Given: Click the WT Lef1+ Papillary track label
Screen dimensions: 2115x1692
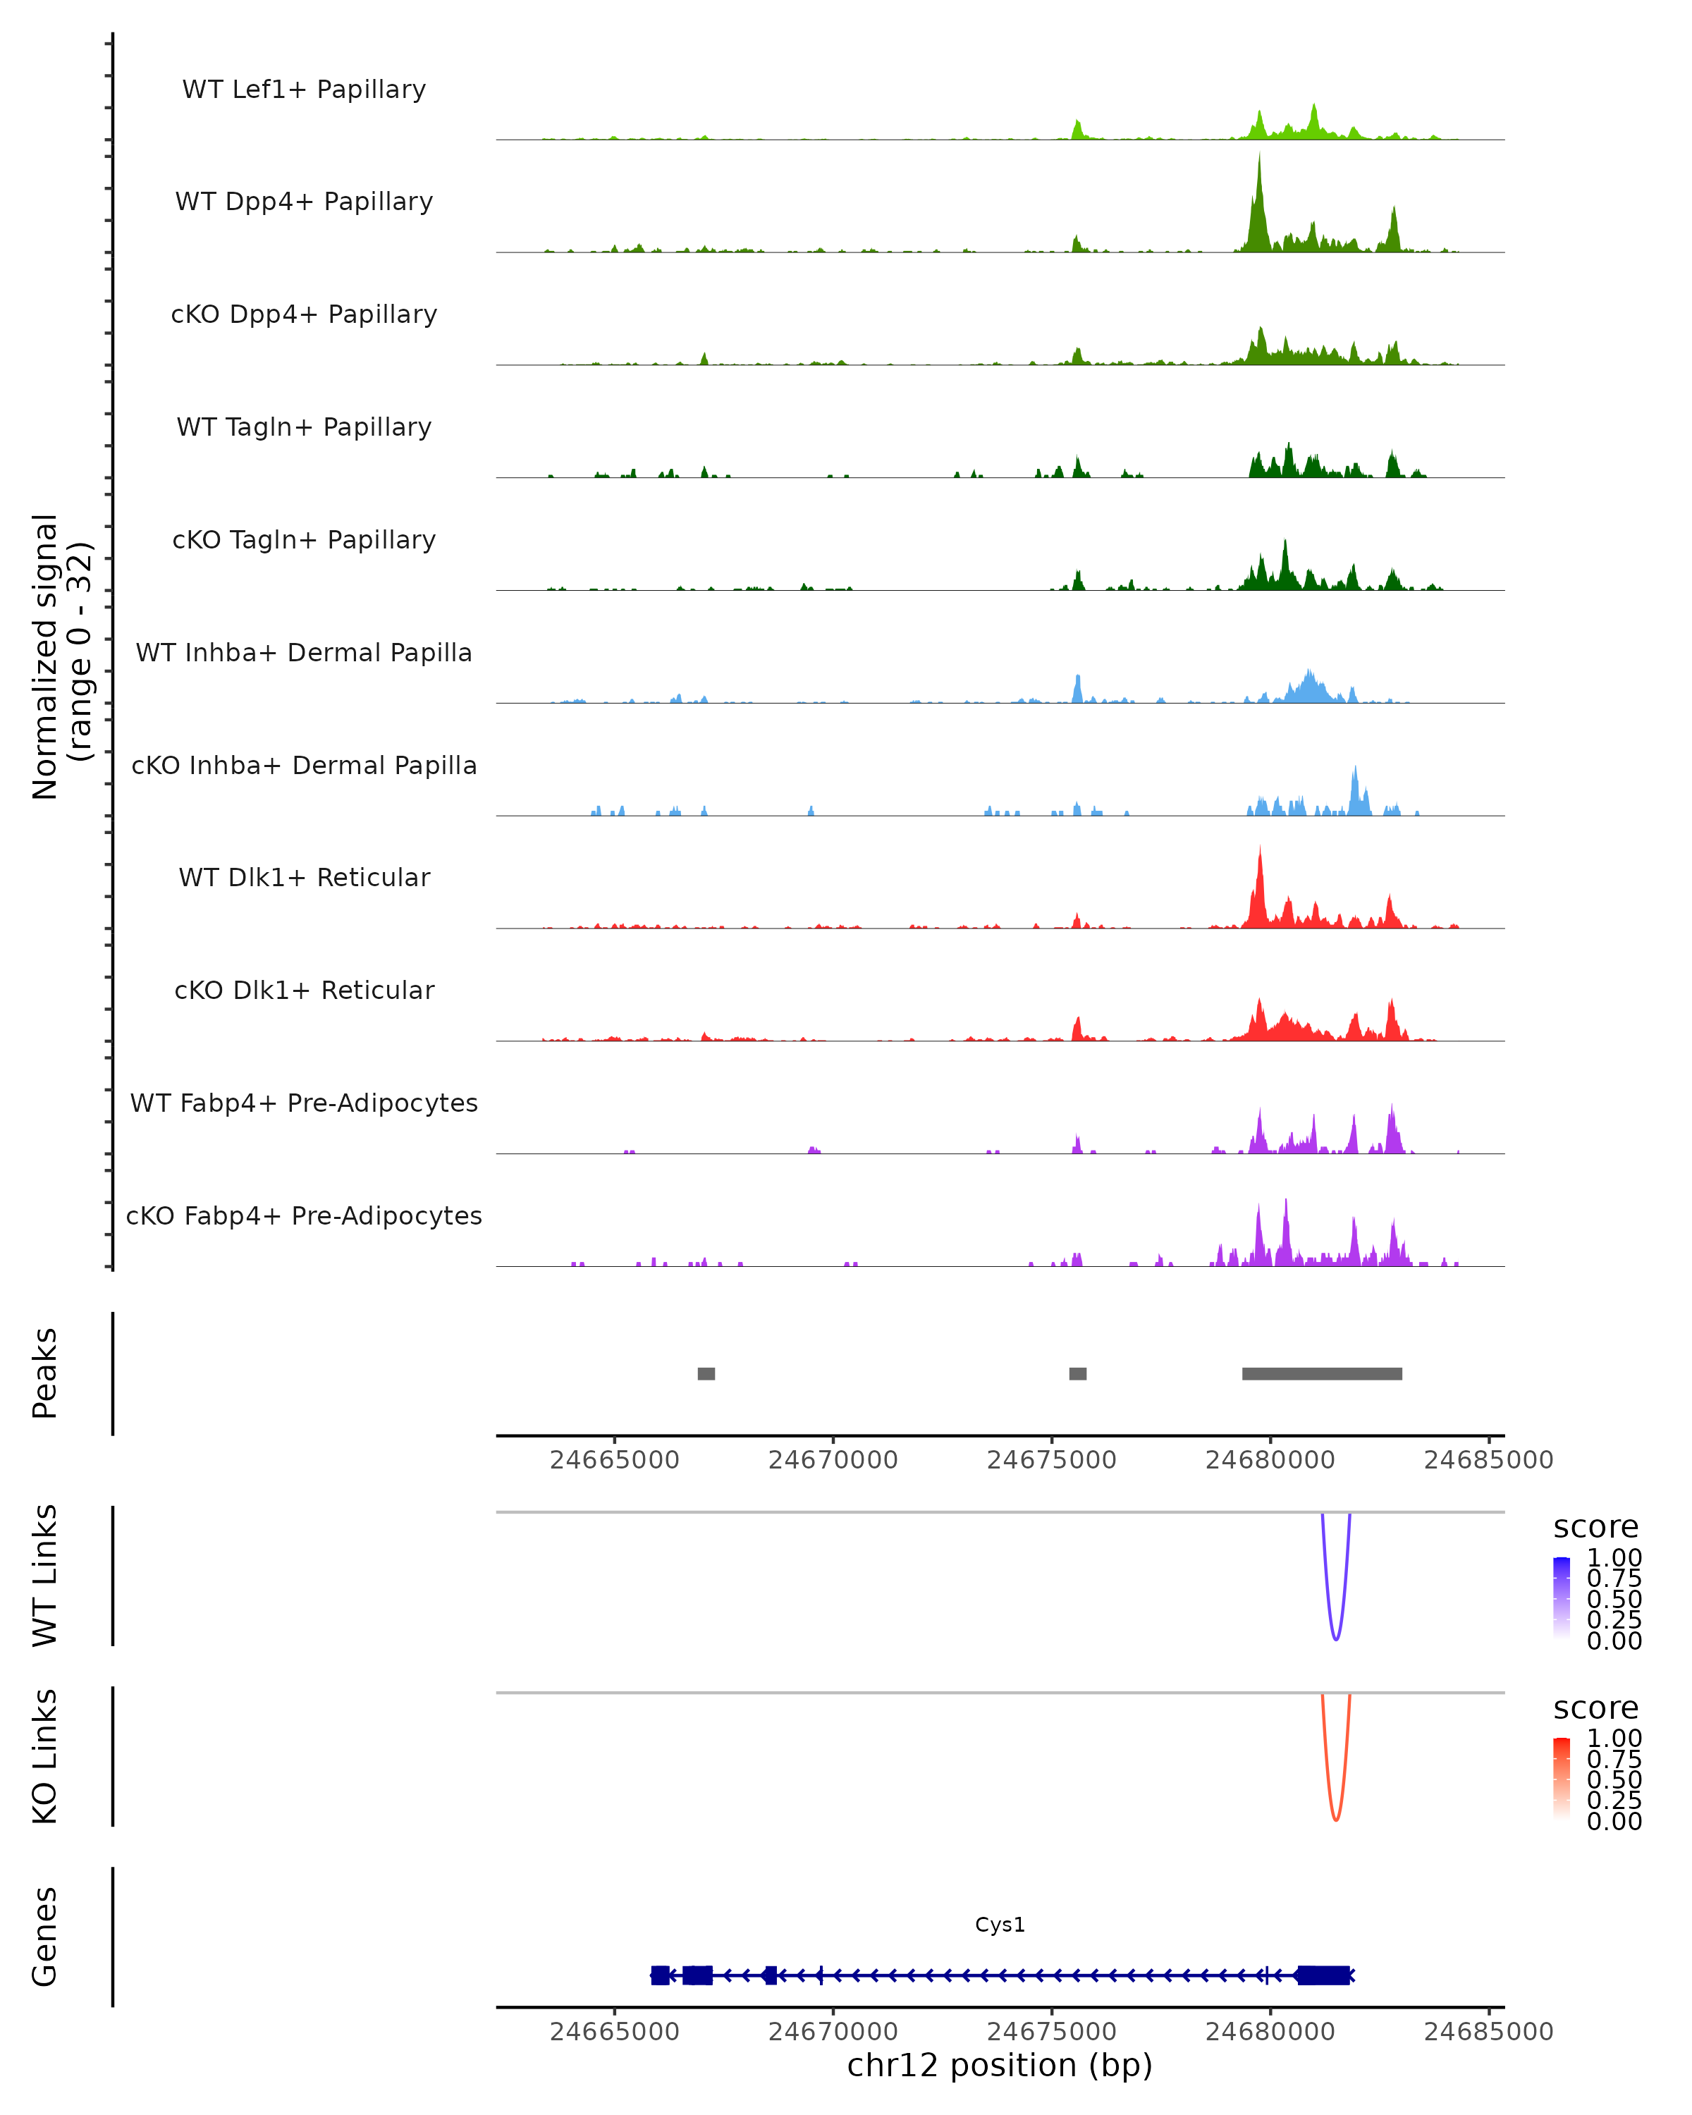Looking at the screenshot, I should (304, 90).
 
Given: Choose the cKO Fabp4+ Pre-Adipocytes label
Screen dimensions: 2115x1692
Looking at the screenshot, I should (304, 1215).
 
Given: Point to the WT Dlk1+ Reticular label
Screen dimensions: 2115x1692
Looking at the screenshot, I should (304, 877).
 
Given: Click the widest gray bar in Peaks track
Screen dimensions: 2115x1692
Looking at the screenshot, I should (1321, 1373).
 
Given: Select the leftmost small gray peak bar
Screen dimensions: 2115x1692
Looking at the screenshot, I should (706, 1373).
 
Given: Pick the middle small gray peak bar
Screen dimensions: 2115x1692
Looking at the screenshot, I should (1077, 1373).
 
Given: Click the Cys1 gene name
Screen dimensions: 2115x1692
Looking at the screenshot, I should (1000, 1925).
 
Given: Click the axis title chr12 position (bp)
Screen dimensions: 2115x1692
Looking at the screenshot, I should (1000, 2066).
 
